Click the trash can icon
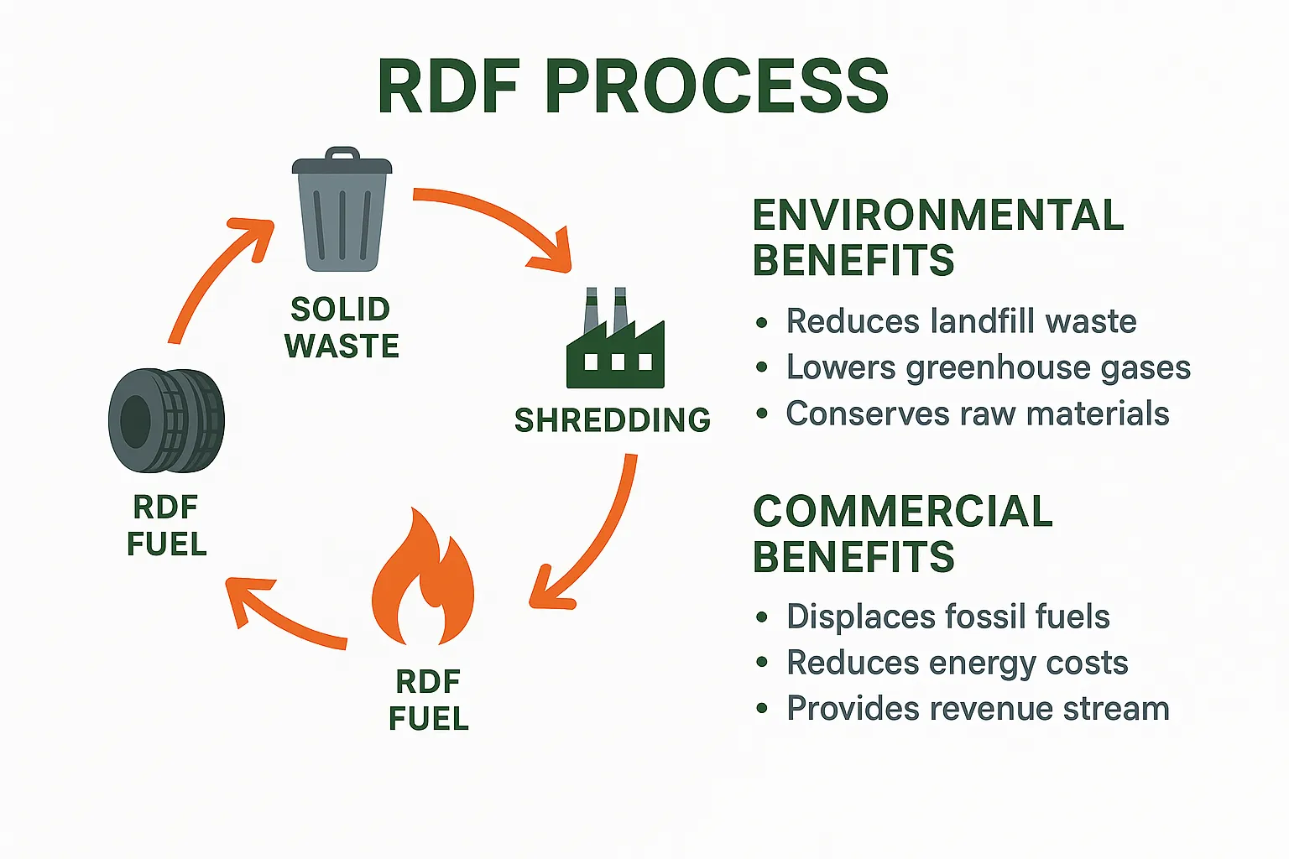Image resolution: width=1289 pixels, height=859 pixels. pyautogui.click(x=342, y=214)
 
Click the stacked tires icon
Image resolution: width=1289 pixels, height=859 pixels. pyautogui.click(x=166, y=420)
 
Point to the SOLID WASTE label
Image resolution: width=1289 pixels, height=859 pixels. pyautogui.click(x=341, y=328)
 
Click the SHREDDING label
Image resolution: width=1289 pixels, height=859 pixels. pyautogui.click(x=612, y=420)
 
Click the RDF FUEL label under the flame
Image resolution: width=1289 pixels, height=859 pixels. pyautogui.click(x=428, y=700)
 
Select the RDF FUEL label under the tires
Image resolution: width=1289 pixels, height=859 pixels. pyautogui.click(x=166, y=526)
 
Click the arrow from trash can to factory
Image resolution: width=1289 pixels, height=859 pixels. pyautogui.click(x=495, y=220)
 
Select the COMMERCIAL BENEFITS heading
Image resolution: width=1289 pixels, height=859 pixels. pyautogui.click(x=902, y=534)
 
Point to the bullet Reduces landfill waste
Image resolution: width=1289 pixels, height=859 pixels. pyautogui.click(x=960, y=321)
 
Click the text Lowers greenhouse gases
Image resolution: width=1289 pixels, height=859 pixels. pyautogui.click(x=988, y=367)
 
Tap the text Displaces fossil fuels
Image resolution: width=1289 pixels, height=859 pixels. pyautogui.click(x=947, y=617)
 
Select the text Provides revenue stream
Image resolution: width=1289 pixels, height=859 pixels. pyautogui.click(x=977, y=709)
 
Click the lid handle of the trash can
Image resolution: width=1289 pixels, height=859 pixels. pyautogui.click(x=342, y=154)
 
